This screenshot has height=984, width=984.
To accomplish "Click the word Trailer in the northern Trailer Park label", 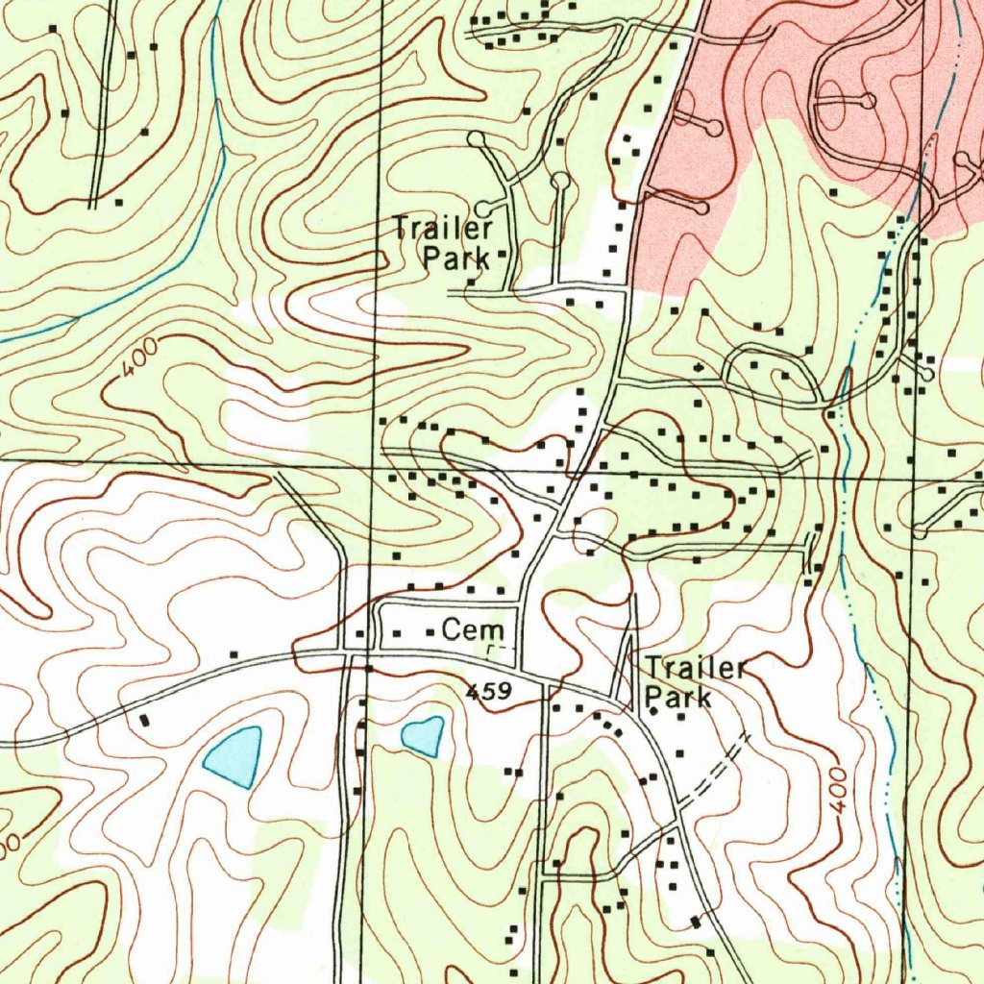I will click(443, 229).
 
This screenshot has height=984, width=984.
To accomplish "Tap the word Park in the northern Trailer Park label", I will click(456, 258).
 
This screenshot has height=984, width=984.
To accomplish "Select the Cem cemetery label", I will click(472, 631).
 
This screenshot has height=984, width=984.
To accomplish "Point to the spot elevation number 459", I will click(489, 691).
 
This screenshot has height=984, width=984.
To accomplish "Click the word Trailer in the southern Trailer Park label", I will click(696, 668).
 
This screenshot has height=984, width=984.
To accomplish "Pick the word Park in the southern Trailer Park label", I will click(678, 697).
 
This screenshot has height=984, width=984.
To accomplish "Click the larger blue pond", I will click(234, 755).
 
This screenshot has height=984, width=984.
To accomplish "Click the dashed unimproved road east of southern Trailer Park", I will click(716, 769).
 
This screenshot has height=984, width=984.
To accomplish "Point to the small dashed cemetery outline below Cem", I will click(496, 652).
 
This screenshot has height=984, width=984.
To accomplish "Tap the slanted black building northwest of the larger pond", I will click(145, 719).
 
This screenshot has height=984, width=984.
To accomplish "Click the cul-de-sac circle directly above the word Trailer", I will click(476, 140).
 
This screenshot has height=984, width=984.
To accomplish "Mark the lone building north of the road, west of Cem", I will click(234, 653).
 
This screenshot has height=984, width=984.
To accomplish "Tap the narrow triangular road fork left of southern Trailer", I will click(627, 663).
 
